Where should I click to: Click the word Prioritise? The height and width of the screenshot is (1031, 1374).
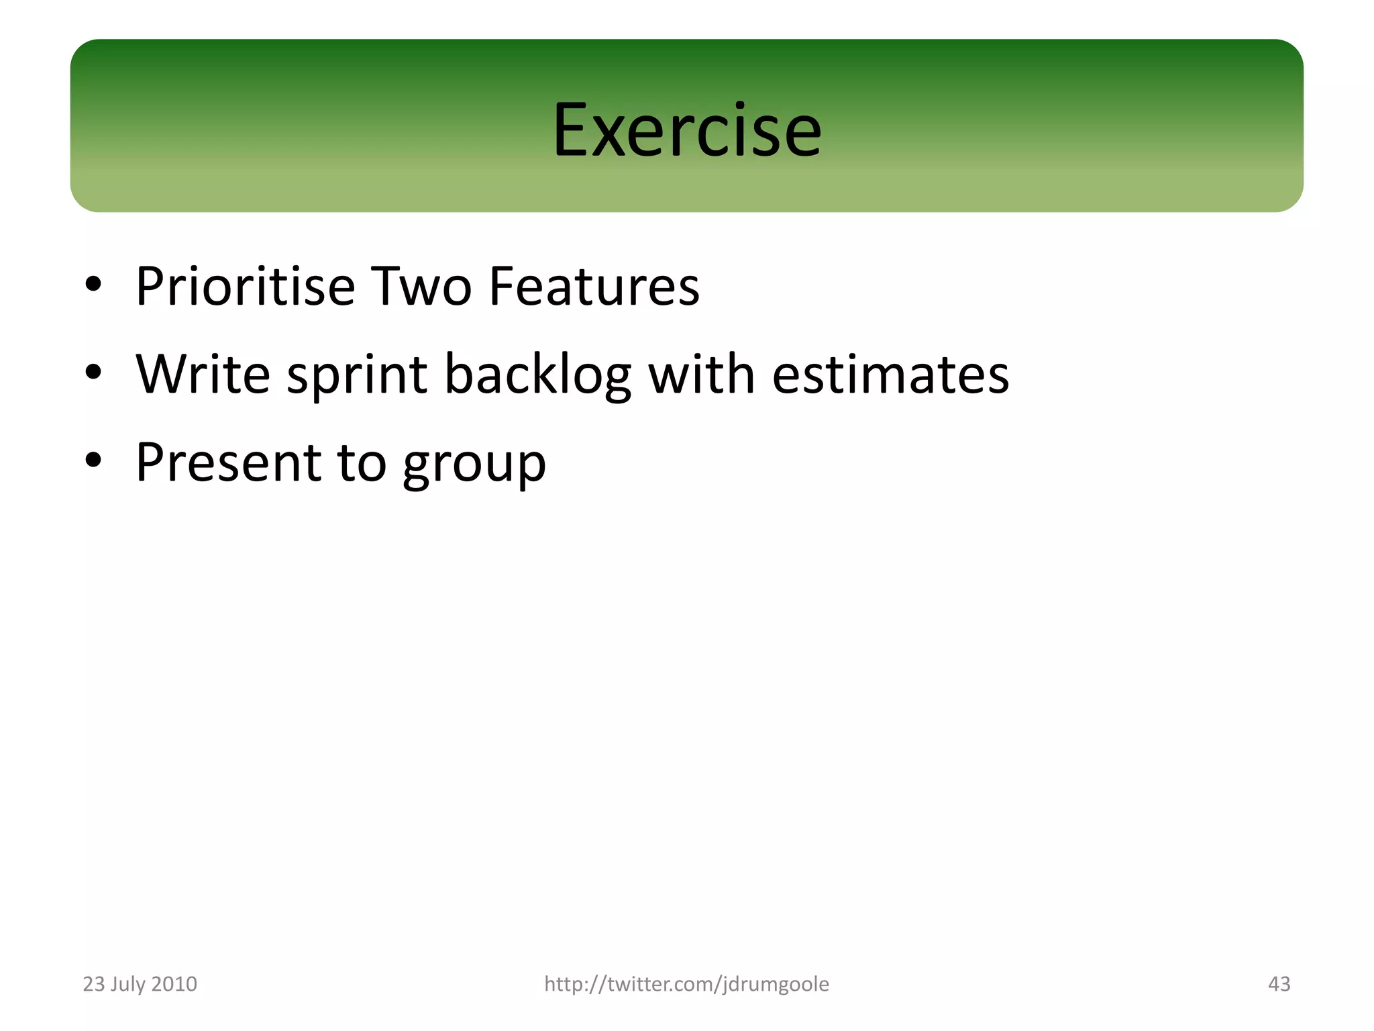[245, 287]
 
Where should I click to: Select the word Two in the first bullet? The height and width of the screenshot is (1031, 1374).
[421, 287]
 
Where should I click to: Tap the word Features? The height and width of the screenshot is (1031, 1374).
[594, 287]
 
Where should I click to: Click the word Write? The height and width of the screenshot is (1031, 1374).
[203, 374]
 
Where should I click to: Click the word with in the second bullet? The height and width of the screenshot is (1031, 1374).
[701, 374]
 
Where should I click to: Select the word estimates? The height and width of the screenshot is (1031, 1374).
[890, 375]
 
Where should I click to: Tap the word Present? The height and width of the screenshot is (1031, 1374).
[228, 462]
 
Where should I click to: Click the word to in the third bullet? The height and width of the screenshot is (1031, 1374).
[362, 463]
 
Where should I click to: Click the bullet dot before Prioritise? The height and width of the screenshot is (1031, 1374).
[93, 285]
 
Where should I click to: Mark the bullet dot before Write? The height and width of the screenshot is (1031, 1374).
[93, 372]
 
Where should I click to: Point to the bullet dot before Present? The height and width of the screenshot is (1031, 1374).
[93, 460]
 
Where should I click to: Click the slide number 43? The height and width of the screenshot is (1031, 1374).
[1279, 984]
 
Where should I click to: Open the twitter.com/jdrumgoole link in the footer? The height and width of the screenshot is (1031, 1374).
[686, 984]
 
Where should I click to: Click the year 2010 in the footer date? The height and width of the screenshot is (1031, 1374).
[174, 984]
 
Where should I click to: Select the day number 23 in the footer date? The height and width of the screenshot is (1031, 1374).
[93, 984]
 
